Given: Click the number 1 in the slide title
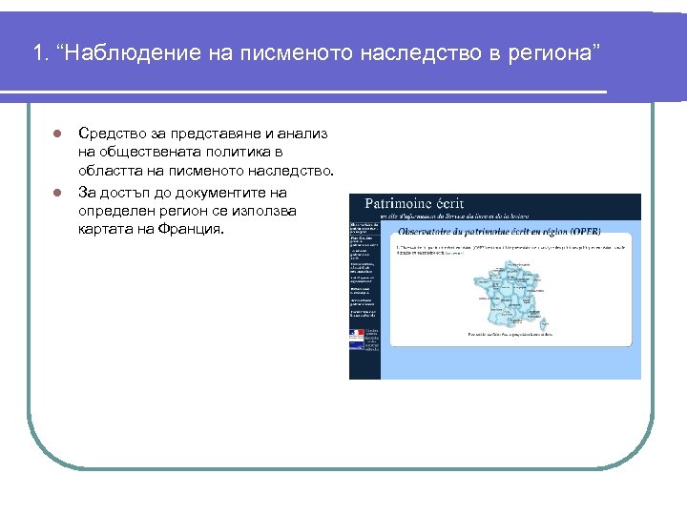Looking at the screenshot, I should [x=37, y=53].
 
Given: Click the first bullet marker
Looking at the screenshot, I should [x=57, y=134].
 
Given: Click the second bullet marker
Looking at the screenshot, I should [x=57, y=193].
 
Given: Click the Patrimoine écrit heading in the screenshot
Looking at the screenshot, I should [x=409, y=204].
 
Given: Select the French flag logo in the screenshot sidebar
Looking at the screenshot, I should [x=357, y=334].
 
